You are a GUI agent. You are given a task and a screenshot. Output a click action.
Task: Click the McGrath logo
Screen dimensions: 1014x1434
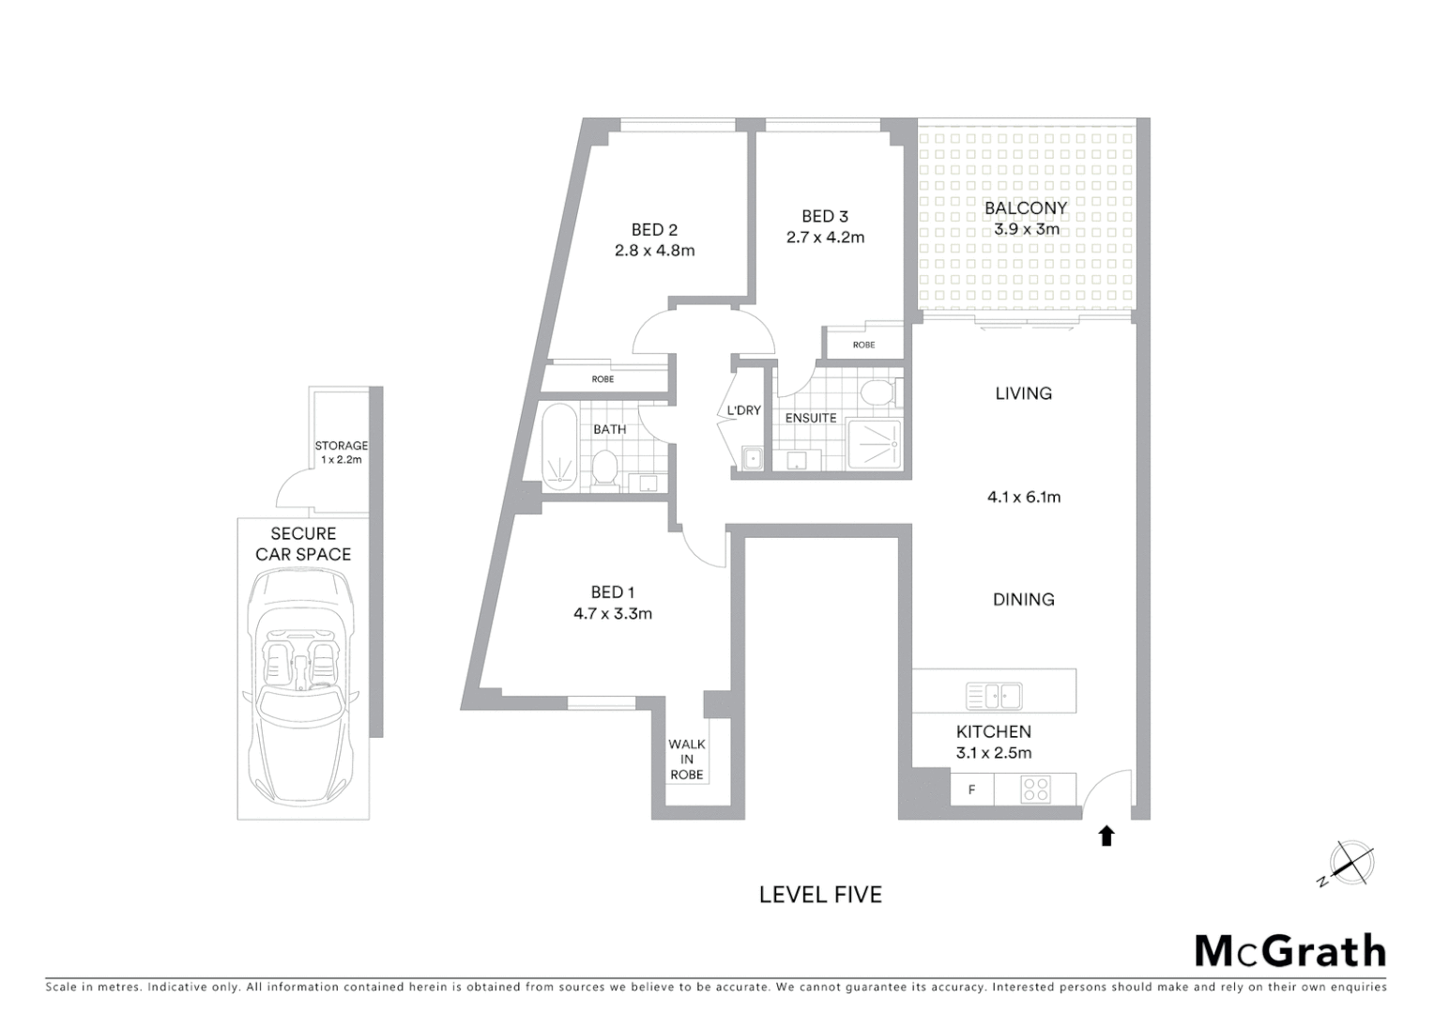[x=1289, y=951]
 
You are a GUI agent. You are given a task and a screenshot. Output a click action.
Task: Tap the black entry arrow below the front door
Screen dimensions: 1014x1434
[x=1106, y=835]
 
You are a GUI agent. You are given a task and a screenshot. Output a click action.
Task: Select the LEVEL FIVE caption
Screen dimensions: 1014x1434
[x=820, y=895]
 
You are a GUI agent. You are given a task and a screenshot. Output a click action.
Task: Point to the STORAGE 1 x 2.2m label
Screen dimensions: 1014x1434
[x=341, y=453]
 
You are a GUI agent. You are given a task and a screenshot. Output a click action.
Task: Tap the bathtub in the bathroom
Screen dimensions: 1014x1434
[x=558, y=447]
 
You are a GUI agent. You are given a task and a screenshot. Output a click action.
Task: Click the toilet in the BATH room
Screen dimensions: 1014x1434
[x=605, y=469]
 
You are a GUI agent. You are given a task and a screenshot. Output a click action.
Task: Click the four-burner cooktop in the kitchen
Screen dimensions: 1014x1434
[x=1036, y=790]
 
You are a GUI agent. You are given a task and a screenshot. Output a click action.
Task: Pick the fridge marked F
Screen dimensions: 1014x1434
[x=971, y=790]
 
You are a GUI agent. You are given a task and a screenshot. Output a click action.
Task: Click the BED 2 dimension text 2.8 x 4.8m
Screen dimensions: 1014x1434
[x=654, y=251]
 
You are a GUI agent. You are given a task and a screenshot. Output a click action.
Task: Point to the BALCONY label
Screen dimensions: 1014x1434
[x=1026, y=207]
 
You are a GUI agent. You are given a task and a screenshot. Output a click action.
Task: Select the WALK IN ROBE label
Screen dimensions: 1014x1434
[x=687, y=760]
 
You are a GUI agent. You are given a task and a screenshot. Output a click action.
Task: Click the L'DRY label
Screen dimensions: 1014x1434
[x=744, y=410]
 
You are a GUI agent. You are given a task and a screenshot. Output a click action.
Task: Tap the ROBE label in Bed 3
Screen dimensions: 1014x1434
[x=863, y=345]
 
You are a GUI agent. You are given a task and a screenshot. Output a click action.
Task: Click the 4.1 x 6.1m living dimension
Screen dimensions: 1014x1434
[x=1024, y=497]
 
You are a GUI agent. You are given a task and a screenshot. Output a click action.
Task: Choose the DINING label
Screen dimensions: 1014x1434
[x=1024, y=599]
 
